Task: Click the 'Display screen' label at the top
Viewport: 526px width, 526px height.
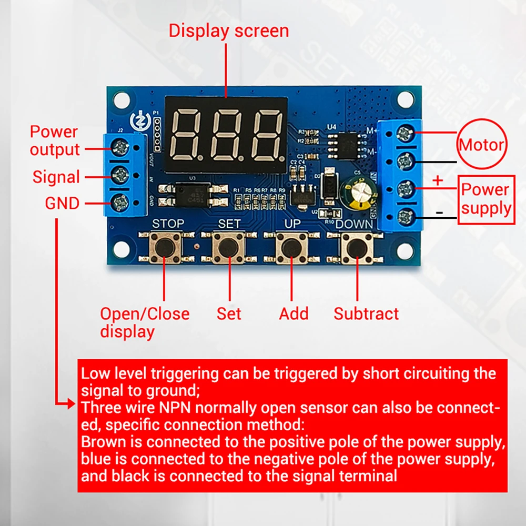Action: click(229, 31)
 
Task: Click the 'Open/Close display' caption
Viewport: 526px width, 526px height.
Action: click(145, 322)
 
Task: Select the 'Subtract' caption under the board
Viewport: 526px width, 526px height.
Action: click(366, 314)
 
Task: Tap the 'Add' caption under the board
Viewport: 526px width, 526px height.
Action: click(294, 314)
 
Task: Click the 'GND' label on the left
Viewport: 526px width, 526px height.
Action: click(62, 203)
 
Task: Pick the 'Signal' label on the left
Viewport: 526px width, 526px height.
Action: click(56, 177)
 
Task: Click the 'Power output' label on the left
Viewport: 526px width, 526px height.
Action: click(54, 140)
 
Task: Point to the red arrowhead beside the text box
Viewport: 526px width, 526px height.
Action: click(72, 404)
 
